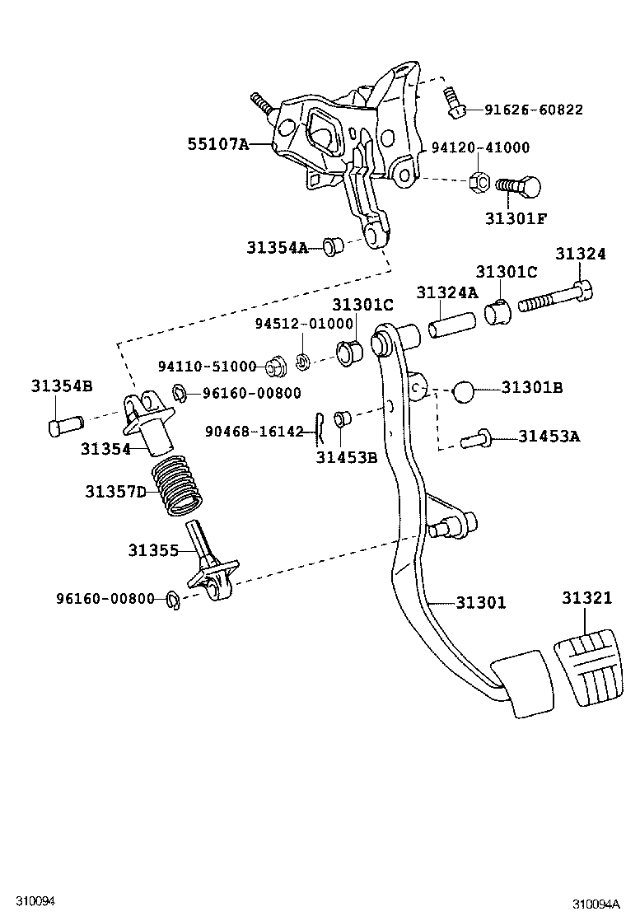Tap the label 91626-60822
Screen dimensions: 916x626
(533, 110)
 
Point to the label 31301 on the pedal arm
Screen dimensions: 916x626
(480, 603)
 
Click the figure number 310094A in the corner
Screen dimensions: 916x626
(596, 904)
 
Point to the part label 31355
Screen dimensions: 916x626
(153, 550)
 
